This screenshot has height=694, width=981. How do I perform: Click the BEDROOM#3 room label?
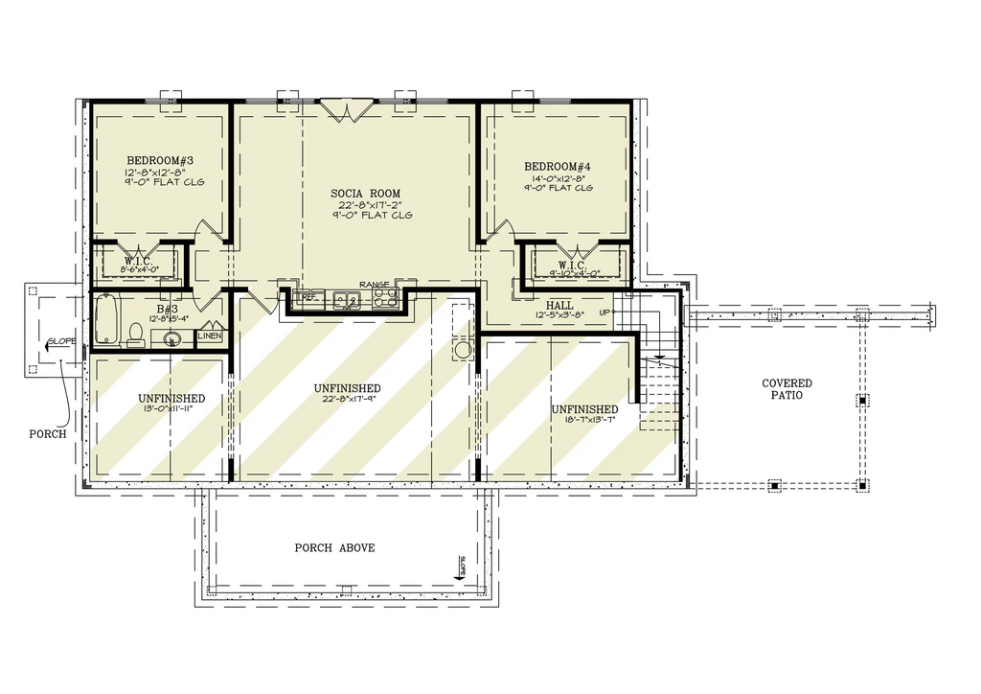[161, 160]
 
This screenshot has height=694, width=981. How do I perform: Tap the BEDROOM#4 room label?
[558, 167]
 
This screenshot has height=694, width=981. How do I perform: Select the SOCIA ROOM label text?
[366, 194]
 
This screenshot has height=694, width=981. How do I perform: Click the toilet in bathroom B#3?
[136, 334]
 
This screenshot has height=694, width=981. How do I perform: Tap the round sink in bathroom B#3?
[173, 336]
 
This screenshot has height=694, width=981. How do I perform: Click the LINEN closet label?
[210, 336]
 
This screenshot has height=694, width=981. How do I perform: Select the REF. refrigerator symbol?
[308, 298]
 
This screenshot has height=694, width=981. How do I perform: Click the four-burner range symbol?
[385, 299]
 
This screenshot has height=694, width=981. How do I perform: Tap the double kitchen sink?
[346, 300]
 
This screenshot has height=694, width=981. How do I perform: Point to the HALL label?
[559, 306]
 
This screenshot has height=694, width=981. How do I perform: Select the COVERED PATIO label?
[787, 389]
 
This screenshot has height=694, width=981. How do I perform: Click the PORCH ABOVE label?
[334, 548]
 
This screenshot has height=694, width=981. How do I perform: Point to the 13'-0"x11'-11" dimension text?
[171, 408]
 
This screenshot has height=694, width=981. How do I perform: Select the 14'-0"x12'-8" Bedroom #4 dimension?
[558, 177]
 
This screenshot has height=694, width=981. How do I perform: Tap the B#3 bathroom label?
[169, 310]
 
